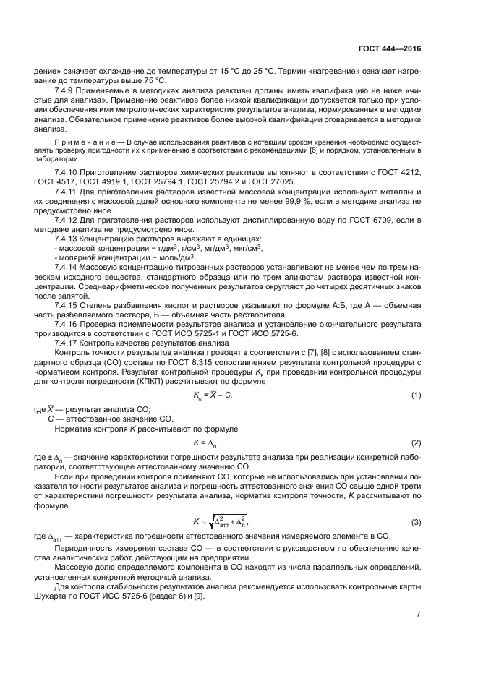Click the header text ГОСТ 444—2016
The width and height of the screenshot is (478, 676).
coord(388,49)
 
